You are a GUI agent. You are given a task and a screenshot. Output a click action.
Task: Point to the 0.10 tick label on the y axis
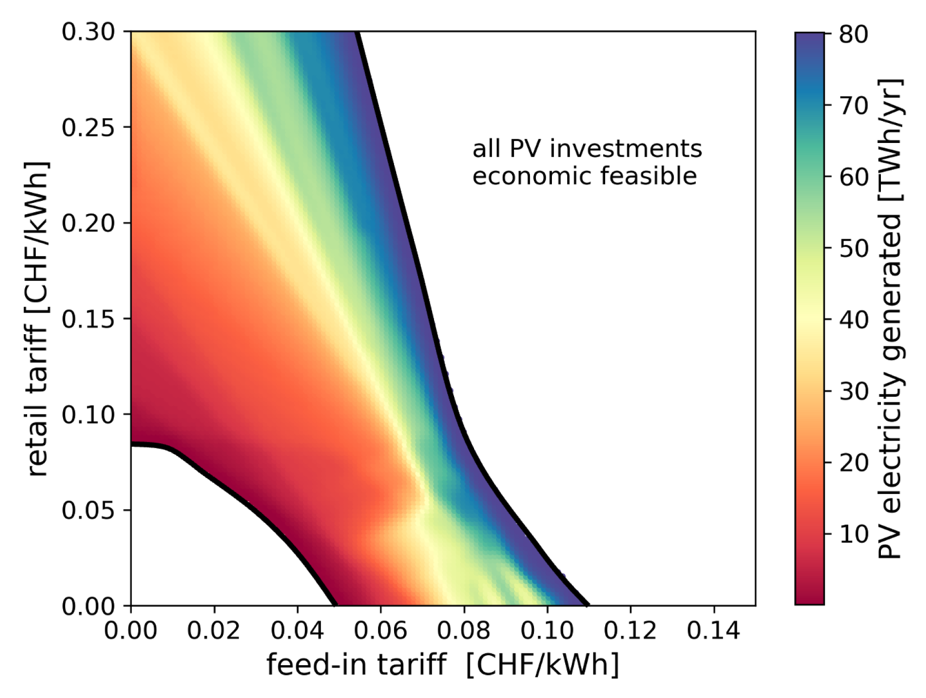point(88,414)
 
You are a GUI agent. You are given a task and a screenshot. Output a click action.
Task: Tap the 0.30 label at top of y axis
point(88,32)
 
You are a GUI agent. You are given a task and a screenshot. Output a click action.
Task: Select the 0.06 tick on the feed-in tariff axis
point(380,630)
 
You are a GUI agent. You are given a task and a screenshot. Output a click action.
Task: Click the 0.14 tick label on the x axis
point(713,630)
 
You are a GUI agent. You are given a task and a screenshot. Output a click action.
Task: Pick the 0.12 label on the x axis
point(630,630)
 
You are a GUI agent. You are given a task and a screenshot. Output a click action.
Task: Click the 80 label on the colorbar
point(853,34)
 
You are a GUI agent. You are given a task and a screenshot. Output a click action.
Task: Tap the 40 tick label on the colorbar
point(853,320)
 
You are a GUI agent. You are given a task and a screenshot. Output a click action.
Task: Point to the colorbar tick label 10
point(853,534)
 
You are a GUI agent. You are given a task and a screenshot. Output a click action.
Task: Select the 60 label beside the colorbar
point(853,177)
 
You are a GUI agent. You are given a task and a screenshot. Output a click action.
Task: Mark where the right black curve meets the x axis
point(587,605)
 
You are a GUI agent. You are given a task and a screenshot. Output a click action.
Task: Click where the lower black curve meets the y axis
point(132,444)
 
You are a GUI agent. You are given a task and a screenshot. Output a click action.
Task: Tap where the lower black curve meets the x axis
point(335,605)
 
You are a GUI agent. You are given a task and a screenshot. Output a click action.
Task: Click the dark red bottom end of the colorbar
point(809,600)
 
